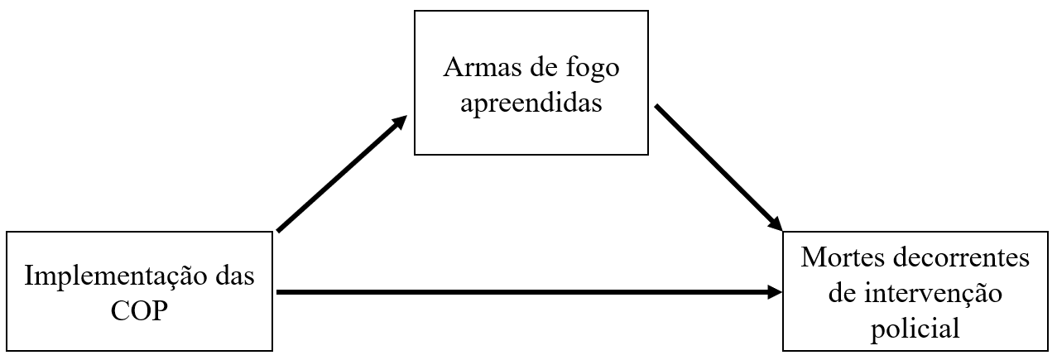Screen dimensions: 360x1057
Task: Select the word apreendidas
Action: click(531, 104)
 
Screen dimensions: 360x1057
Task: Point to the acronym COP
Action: click(141, 311)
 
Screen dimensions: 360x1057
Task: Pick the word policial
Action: click(915, 329)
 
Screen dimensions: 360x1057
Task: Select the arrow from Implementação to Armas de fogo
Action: click(339, 175)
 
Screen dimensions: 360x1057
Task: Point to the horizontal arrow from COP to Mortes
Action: click(521, 292)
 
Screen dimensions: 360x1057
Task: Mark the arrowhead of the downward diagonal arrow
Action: click(776, 223)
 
